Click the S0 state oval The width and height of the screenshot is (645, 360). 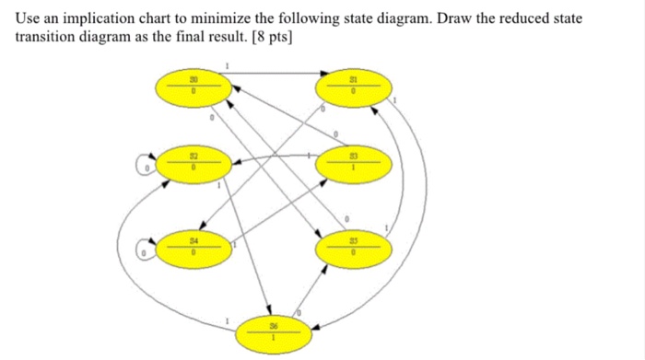click(x=193, y=88)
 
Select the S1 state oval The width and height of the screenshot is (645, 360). click(x=353, y=88)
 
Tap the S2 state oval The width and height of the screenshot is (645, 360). click(x=193, y=166)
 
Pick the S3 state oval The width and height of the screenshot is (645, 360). click(x=353, y=166)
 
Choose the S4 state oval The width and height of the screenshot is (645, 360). click(x=193, y=248)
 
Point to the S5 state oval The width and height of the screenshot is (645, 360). click(x=353, y=248)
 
